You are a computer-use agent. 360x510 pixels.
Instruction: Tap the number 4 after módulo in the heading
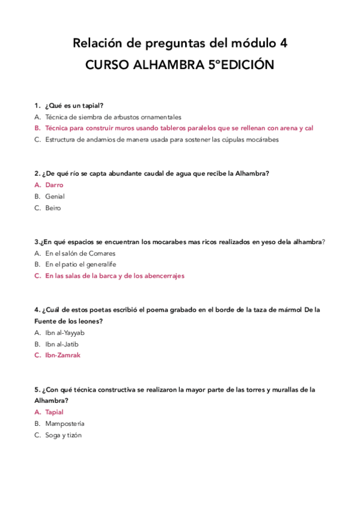coord(283,43)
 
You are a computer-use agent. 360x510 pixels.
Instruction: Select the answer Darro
coord(54,185)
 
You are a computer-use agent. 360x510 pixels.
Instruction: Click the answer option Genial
coord(55,197)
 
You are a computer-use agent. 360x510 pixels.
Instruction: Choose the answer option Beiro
coord(53,208)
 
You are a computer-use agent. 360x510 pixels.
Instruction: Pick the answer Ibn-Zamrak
coord(63,355)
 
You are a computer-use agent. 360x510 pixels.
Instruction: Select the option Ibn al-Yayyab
coord(65,333)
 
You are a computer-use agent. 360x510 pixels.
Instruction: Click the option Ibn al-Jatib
coord(62,344)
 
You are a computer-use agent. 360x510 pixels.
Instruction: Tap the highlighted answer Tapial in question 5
coord(54,413)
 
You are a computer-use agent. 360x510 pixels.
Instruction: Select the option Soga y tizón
coord(63,435)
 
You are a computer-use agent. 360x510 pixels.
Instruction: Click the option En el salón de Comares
coord(80,254)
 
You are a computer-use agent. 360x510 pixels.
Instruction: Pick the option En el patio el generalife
coord(81,265)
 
